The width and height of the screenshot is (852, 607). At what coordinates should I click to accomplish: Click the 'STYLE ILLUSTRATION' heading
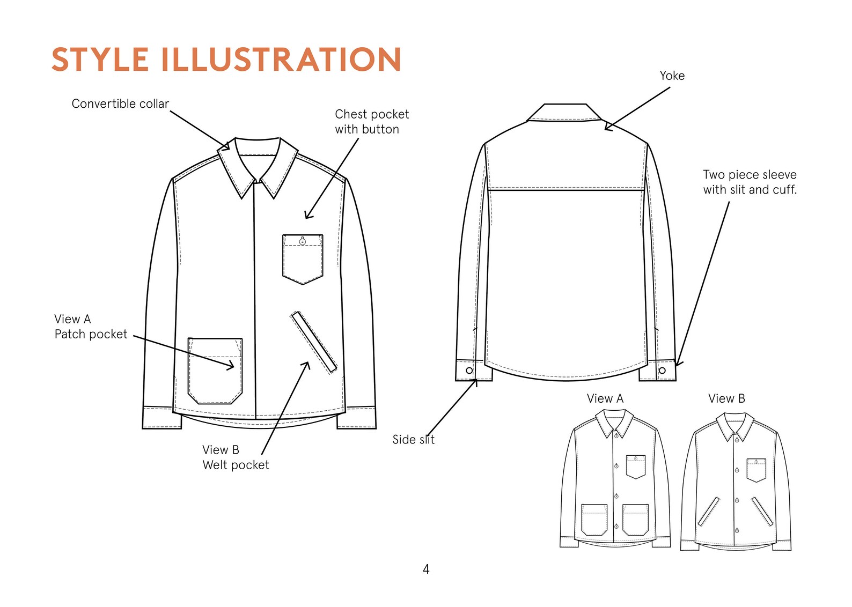(x=226, y=59)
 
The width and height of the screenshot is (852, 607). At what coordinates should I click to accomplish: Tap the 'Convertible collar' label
(x=120, y=103)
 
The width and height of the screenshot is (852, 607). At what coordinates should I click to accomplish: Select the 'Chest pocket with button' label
(x=371, y=122)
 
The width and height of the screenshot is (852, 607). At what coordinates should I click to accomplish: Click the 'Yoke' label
(x=672, y=76)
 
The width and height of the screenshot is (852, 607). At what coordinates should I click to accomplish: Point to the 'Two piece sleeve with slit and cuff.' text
(x=750, y=182)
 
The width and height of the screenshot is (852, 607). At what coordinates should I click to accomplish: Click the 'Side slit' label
(x=413, y=440)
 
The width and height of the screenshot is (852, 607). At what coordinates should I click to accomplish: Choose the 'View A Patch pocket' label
(x=91, y=327)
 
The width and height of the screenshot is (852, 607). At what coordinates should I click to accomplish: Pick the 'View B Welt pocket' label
(x=235, y=457)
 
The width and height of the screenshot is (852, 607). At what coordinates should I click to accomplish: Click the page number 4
(x=426, y=569)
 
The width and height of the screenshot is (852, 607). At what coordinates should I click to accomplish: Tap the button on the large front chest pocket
(x=303, y=241)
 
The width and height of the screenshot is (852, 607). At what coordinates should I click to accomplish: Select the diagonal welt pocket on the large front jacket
(x=314, y=342)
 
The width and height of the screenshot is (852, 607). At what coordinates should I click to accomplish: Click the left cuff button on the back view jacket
(x=469, y=371)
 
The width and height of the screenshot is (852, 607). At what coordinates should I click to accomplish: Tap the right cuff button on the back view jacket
(x=662, y=371)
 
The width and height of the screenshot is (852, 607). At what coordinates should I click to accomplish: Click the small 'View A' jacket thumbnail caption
(x=605, y=398)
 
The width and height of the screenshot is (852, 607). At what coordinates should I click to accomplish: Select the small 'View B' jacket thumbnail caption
(x=726, y=398)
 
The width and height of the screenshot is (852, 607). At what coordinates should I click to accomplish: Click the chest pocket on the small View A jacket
(x=636, y=466)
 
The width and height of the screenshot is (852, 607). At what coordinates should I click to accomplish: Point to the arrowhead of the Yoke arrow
(x=606, y=128)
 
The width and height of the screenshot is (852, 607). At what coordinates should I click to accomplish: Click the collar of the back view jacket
(x=563, y=113)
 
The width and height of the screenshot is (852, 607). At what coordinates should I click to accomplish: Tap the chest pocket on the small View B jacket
(x=756, y=470)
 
